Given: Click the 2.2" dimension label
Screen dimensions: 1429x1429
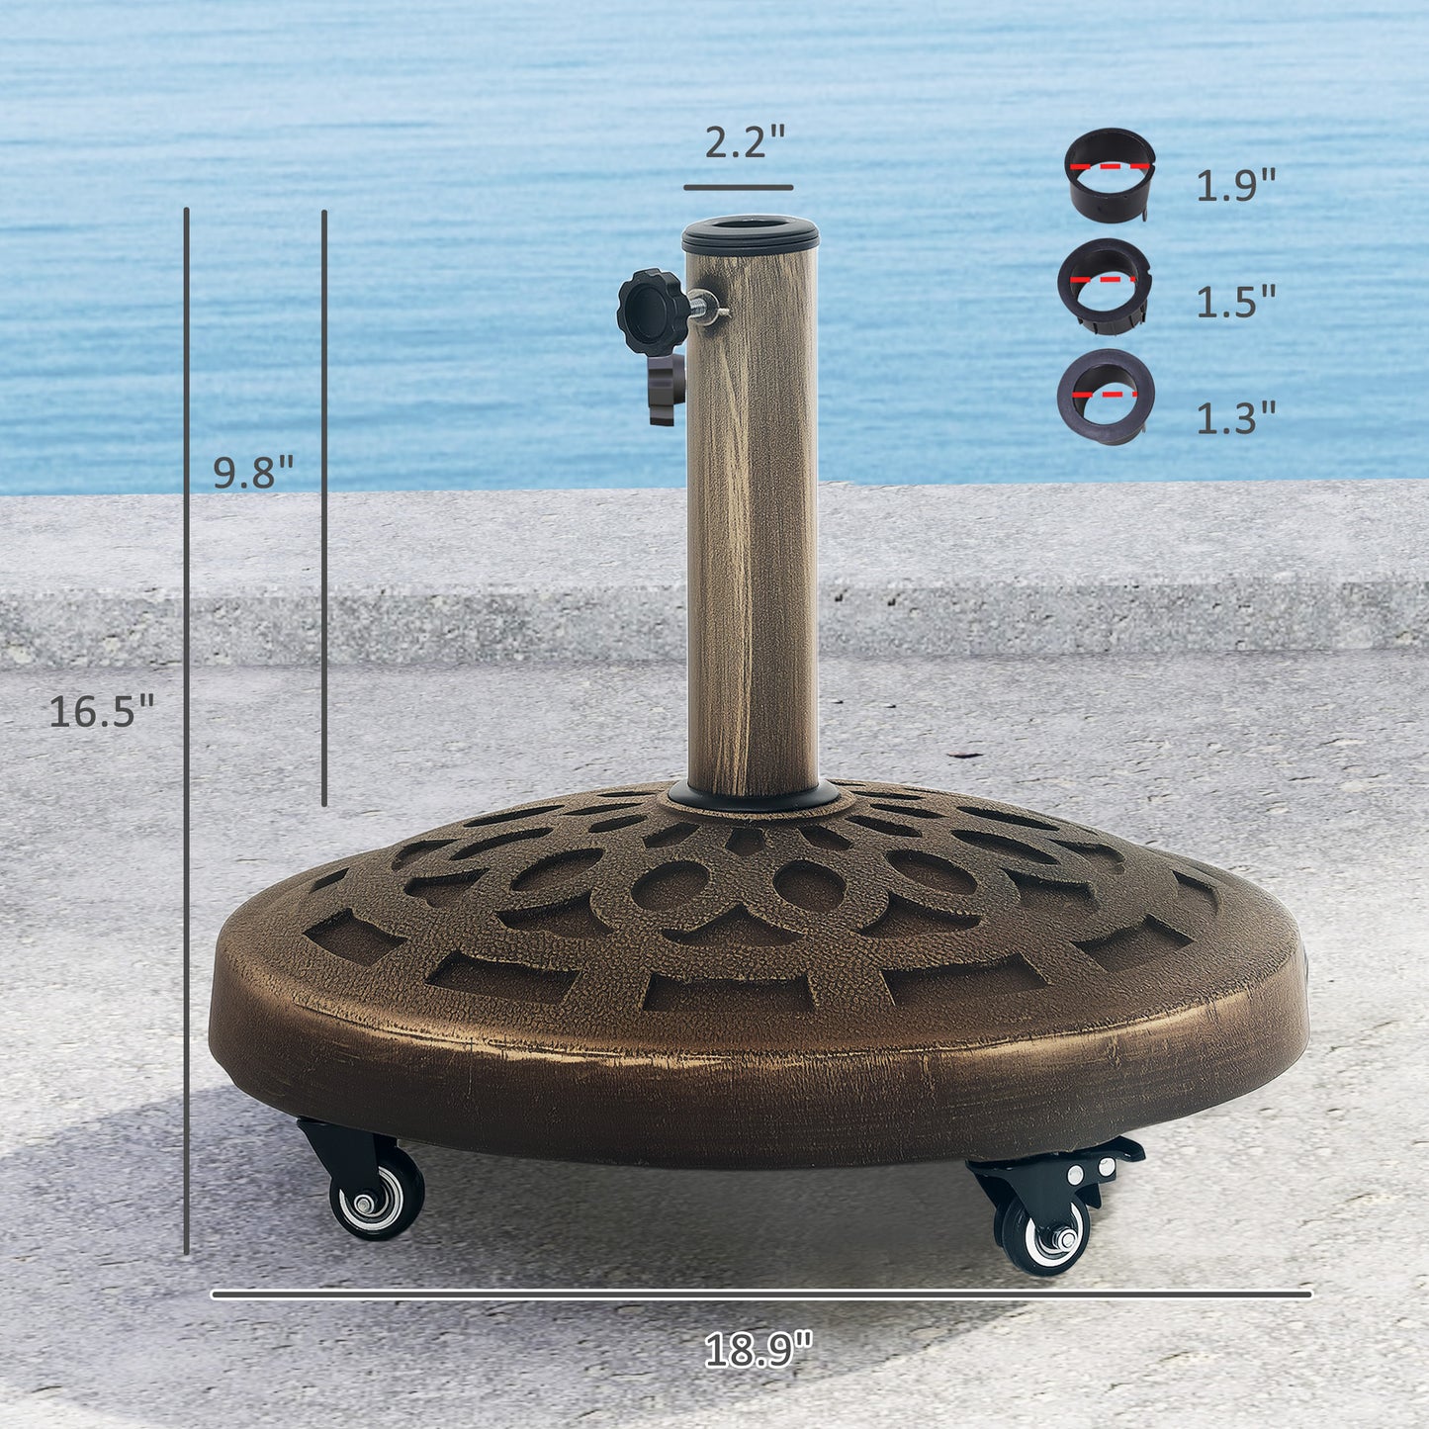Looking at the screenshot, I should click(x=744, y=143).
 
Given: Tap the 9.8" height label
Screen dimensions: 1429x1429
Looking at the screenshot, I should click(x=254, y=473).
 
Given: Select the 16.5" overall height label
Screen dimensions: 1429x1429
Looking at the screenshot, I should click(x=102, y=711).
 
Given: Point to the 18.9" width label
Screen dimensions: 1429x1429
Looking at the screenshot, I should click(x=758, y=1349).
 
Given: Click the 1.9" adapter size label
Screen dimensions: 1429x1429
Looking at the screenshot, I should click(x=1236, y=185).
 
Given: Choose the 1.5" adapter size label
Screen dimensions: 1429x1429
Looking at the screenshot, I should click(x=1236, y=302).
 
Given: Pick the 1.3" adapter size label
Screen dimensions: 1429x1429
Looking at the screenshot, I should click(x=1236, y=418).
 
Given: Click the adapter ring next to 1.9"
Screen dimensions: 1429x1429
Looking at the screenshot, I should click(x=1110, y=174).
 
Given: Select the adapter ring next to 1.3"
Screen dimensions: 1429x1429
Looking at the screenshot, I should click(x=1107, y=397).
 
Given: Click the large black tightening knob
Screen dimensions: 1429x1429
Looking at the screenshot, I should click(x=651, y=311).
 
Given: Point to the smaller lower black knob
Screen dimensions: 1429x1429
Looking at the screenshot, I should click(x=667, y=388).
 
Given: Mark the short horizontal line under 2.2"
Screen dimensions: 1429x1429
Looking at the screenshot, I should click(x=738, y=187).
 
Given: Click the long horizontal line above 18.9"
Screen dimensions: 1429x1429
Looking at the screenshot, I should click(x=761, y=1293).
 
